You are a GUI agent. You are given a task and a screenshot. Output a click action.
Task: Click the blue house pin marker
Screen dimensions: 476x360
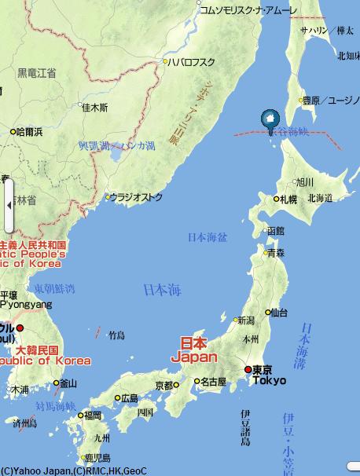pyautogui.click(x=269, y=119)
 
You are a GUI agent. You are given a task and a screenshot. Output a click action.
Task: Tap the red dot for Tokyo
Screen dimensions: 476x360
pyautogui.click(x=248, y=369)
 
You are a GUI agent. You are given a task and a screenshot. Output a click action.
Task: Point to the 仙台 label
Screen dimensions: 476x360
pyautogui.click(x=279, y=312)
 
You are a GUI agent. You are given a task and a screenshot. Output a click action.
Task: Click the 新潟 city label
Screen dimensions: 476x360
pyautogui.click(x=246, y=320)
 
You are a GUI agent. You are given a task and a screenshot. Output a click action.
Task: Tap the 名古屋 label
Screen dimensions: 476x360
pyautogui.click(x=212, y=382)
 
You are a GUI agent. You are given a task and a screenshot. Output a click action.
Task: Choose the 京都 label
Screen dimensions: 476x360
pyautogui.click(x=163, y=386)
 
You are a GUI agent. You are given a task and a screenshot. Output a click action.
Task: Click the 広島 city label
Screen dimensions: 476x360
pyautogui.click(x=130, y=398)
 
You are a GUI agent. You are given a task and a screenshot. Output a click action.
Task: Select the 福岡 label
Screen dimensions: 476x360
pyautogui.click(x=93, y=415)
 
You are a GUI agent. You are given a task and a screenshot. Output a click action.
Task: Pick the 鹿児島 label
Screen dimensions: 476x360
pyautogui.click(x=97, y=457)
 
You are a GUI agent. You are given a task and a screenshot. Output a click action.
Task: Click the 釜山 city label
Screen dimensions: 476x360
pyautogui.click(x=68, y=383)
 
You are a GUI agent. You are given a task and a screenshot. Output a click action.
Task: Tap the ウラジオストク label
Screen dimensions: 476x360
pyautogui.click(x=136, y=196)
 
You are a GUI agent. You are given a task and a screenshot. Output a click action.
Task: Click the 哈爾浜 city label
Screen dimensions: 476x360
pyautogui.click(x=30, y=131)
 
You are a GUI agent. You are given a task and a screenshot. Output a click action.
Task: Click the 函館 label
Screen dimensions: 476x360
pyautogui.click(x=275, y=231)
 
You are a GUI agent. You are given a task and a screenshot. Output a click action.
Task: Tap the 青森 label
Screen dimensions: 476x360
pyautogui.click(x=275, y=253)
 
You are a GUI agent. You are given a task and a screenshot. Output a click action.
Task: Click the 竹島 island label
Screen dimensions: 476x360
pyautogui.click(x=116, y=335)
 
